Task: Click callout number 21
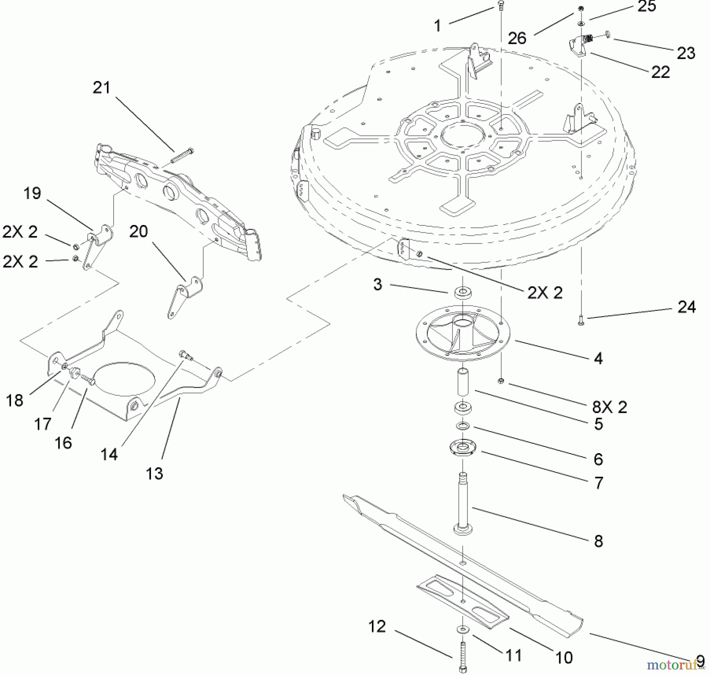pos(101,88)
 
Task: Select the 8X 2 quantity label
pos(609,407)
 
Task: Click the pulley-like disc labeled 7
pos(463,447)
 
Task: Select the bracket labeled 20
pos(183,296)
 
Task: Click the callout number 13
pos(154,473)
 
